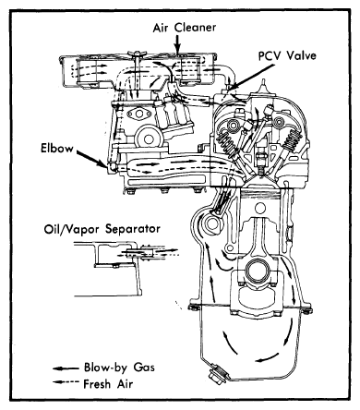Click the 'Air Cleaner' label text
coord(185,28)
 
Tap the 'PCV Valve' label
coord(287,55)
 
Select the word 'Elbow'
coord(57,149)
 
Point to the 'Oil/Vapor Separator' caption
coord(102,229)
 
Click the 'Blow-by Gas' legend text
coord(119,368)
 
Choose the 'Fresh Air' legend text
coord(108,384)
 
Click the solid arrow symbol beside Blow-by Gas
coord(66,368)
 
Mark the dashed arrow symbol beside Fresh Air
coord(66,382)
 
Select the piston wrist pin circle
coord(260,209)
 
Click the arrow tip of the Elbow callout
coord(106,165)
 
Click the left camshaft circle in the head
coord(232,125)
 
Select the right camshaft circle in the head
coord(280,122)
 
